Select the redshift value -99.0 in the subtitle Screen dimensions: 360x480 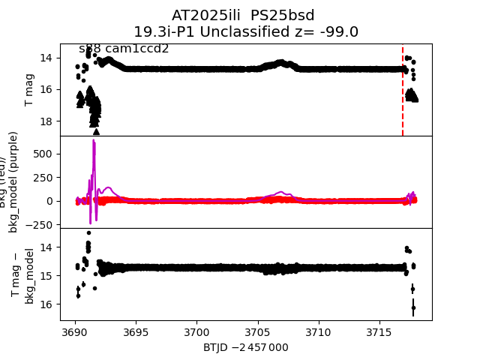[x=337, y=32]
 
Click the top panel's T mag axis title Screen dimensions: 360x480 [x=30, y=89]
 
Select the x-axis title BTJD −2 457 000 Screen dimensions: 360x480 [x=246, y=347]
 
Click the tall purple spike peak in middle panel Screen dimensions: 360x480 [x=94, y=141]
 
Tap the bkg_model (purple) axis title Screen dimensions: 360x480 [x=14, y=182]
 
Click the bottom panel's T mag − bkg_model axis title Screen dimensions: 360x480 [x=22, y=275]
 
